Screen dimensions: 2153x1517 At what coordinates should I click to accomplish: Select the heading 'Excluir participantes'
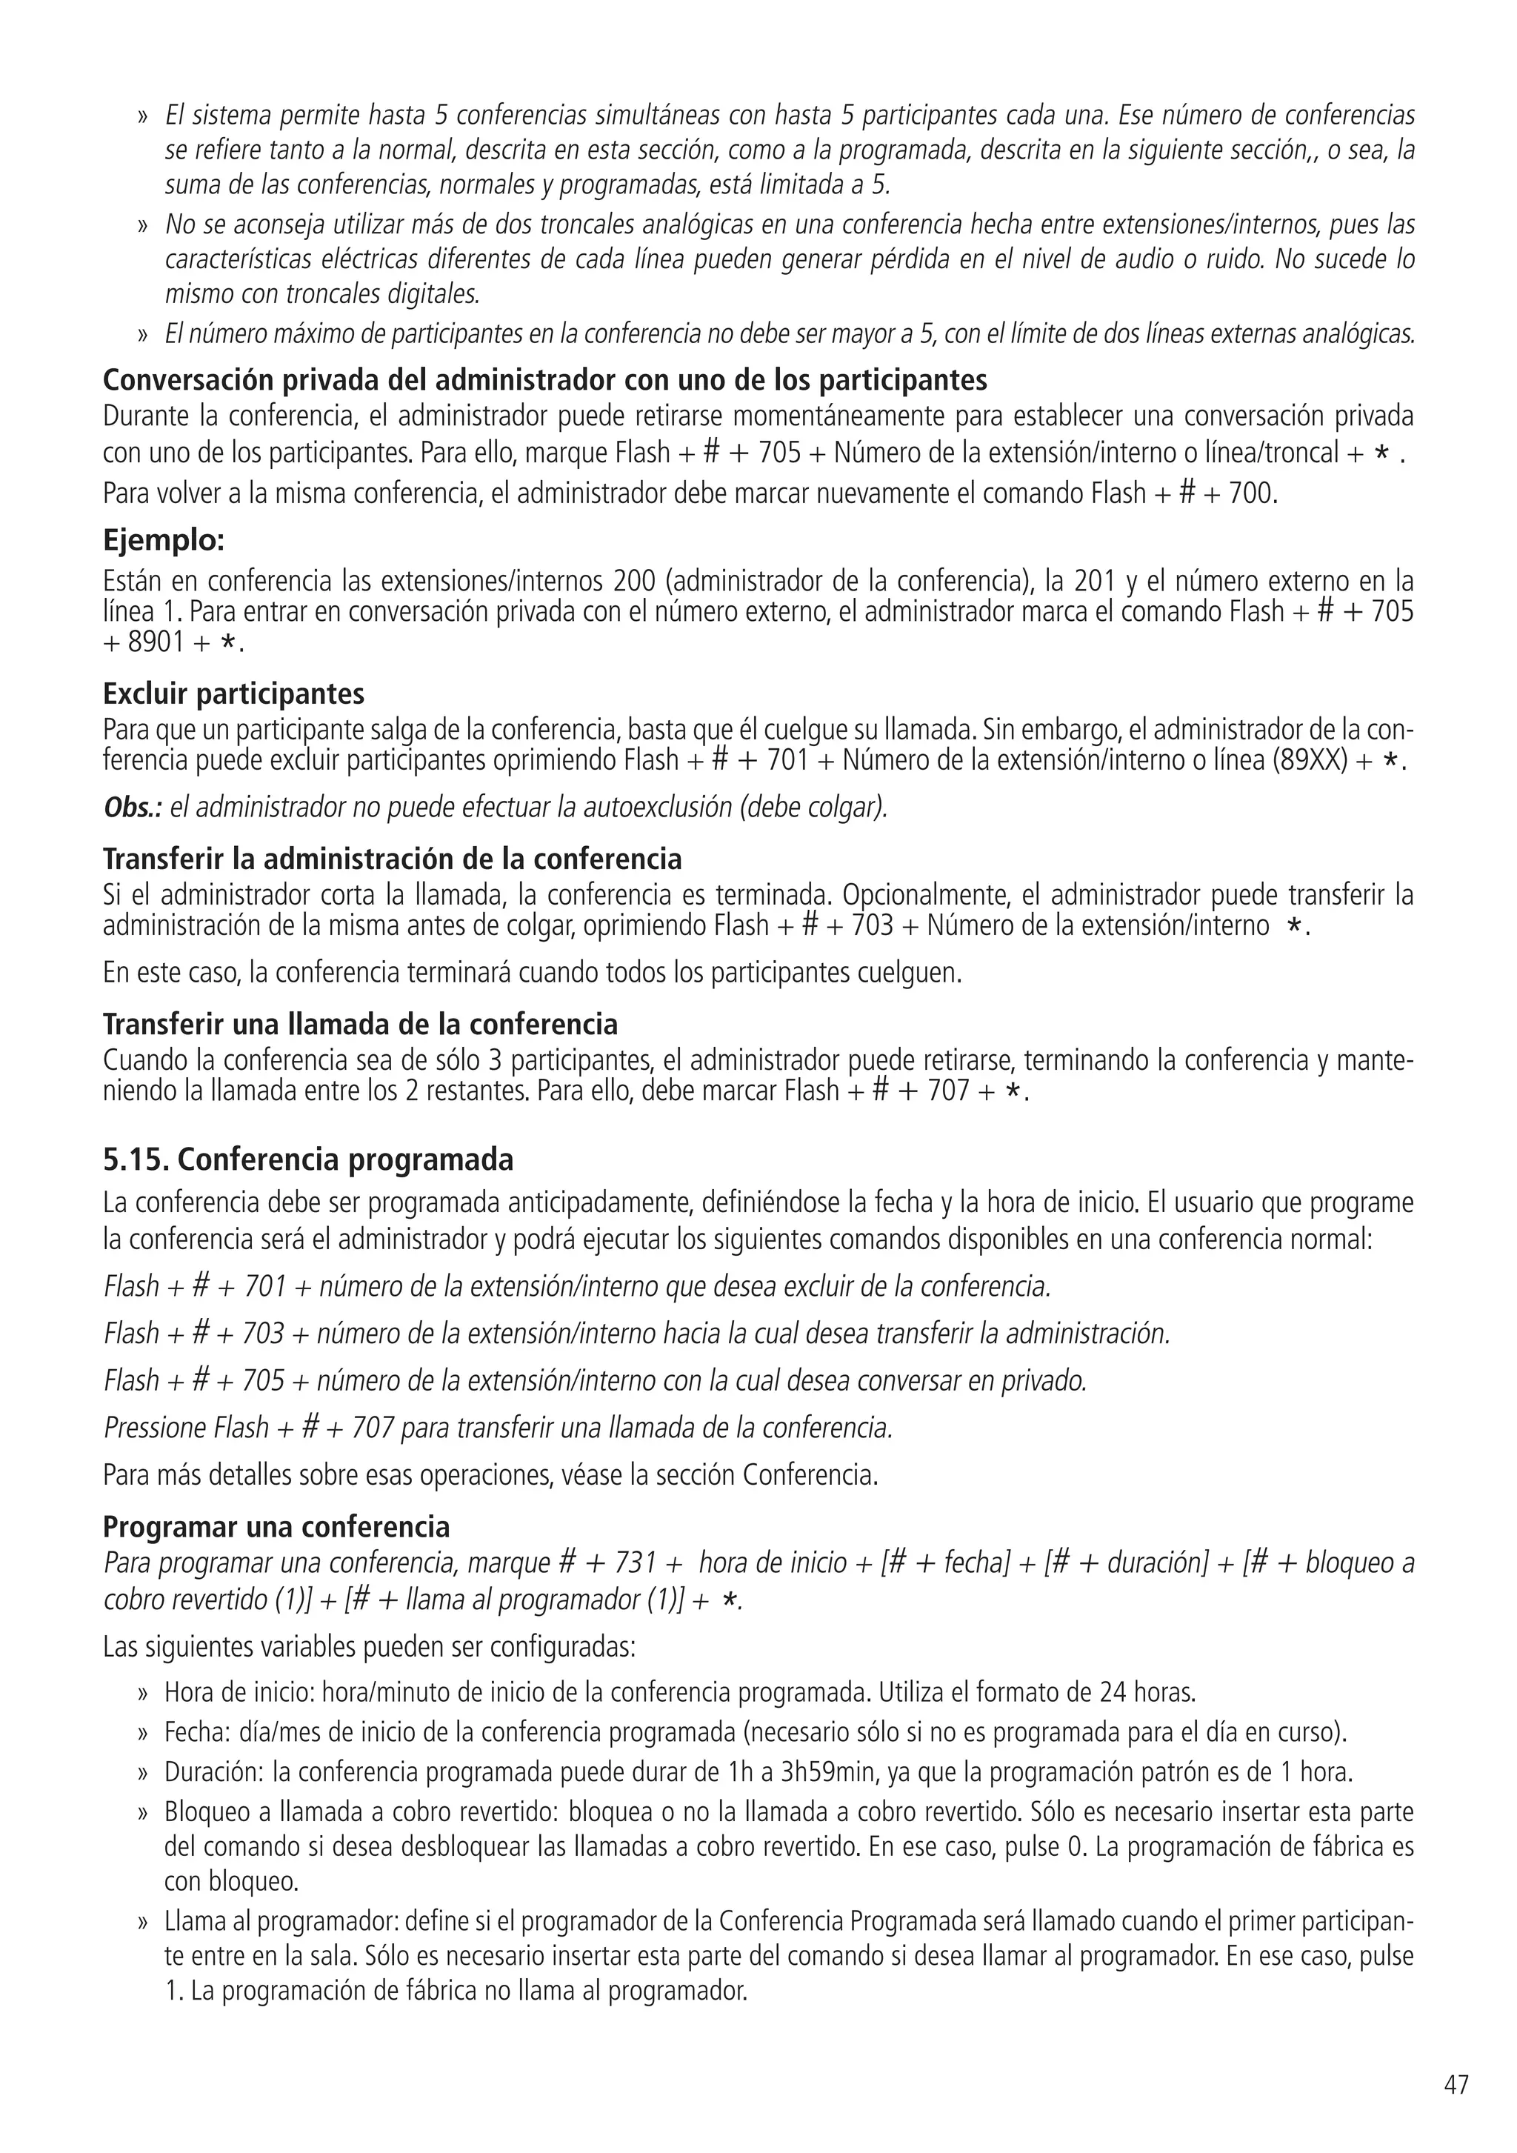pos(233,694)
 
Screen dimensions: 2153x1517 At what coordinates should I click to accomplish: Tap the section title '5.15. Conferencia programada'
pos(307,1160)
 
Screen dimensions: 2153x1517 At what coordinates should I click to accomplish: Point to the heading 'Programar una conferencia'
pos(276,1528)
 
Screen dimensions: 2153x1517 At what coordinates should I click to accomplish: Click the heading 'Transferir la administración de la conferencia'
pos(392,859)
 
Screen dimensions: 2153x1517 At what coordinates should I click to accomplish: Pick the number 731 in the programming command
pos(634,1563)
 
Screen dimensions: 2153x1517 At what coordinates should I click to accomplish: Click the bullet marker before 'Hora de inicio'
pos(144,1694)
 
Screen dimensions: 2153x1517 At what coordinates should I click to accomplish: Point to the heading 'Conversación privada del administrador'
pos(544,380)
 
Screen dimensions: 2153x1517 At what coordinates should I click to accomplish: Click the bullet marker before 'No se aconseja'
pos(144,226)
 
